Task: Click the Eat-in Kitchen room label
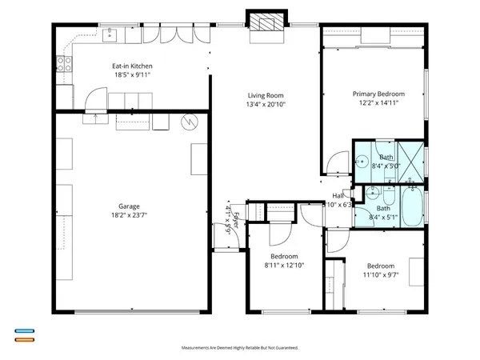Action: pyautogui.click(x=132, y=66)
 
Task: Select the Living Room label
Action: pyautogui.click(x=264, y=95)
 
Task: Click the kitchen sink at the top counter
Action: pyautogui.click(x=111, y=34)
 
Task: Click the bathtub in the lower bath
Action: pyautogui.click(x=413, y=207)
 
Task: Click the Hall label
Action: pyautogui.click(x=338, y=195)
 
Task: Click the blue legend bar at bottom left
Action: pyautogui.click(x=24, y=330)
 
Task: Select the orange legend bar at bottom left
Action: pyautogui.click(x=24, y=339)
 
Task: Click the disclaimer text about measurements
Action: pyautogui.click(x=240, y=348)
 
